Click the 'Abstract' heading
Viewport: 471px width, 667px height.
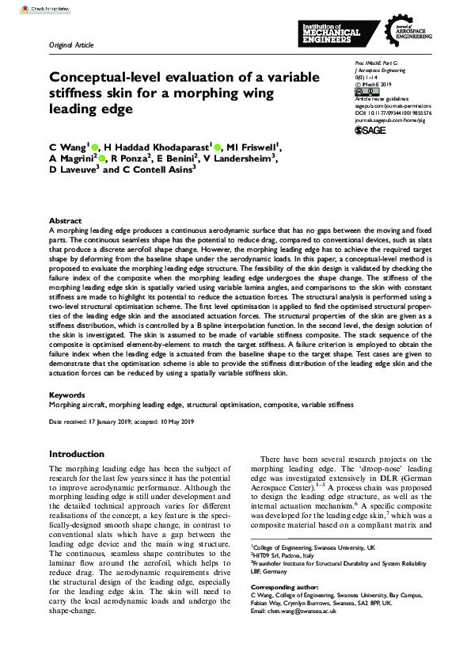click(65, 220)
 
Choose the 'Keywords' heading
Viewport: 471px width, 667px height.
click(67, 394)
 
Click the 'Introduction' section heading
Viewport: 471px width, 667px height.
click(82, 455)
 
